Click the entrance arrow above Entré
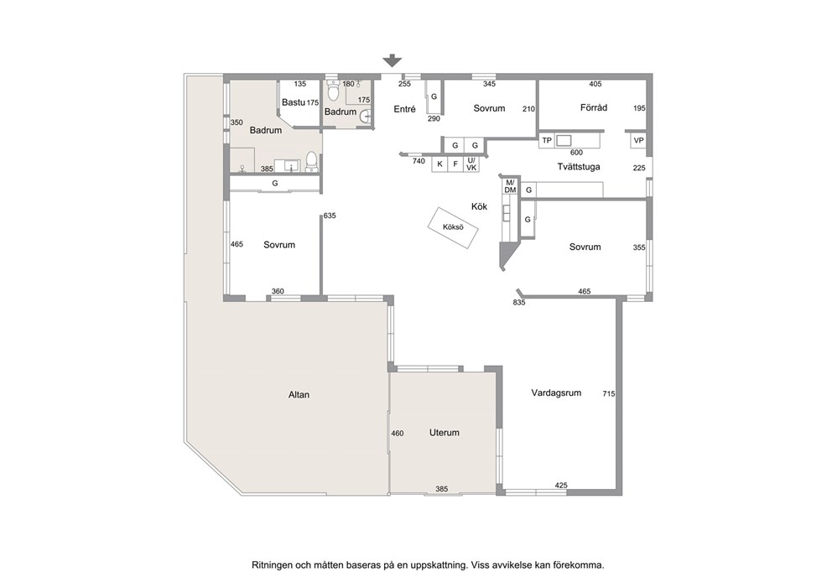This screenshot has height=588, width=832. coord(393,60)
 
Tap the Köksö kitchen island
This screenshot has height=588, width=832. coord(453,227)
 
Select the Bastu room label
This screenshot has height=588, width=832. coord(294,101)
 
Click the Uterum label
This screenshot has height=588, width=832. coord(445,433)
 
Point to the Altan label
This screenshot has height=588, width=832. coord(299,395)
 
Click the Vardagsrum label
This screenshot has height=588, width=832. coord(556,393)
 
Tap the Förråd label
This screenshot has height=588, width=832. coord(594,107)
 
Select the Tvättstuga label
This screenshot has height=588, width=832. coord(579,167)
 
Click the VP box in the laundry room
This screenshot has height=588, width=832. coord(638,141)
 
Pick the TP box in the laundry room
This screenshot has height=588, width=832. coord(547,141)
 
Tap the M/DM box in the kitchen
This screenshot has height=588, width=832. coord(511,186)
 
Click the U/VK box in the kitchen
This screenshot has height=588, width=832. coord(471,164)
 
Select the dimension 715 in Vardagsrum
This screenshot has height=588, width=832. coord(609,393)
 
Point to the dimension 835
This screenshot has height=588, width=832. coord(519,303)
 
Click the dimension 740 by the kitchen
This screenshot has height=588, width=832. coord(419,161)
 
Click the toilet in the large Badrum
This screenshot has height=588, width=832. coord(312,162)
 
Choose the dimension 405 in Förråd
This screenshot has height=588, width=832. coord(595,84)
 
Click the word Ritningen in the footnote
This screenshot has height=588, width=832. coord(271,565)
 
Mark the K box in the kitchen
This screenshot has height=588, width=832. coord(439,164)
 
